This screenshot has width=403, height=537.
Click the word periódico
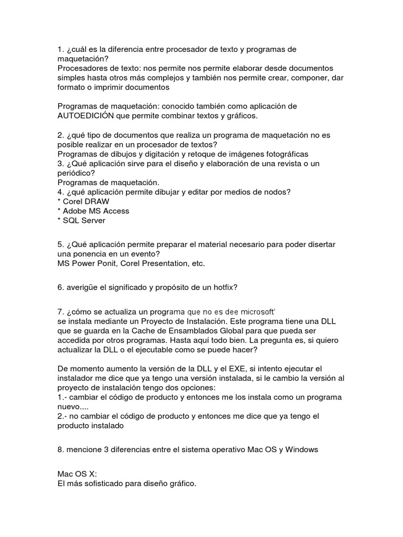click(75, 173)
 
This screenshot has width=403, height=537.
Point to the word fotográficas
click(284, 154)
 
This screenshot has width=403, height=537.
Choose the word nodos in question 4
click(274, 192)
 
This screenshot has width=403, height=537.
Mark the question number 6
click(60, 287)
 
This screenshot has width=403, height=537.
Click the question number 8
click(60, 450)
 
